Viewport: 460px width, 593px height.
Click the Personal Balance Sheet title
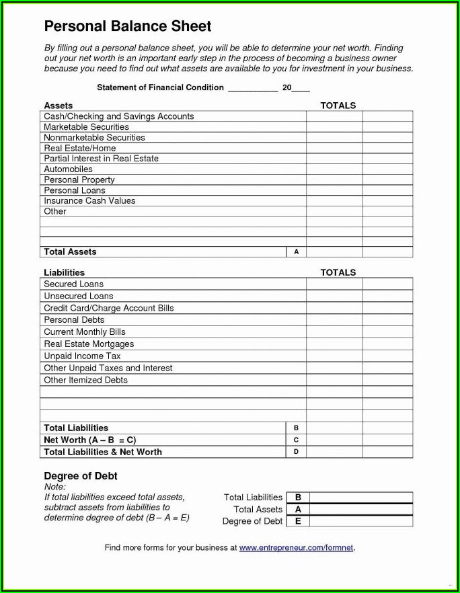click(128, 26)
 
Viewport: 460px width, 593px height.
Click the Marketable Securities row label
click(86, 127)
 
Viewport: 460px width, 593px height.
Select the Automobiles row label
click(68, 169)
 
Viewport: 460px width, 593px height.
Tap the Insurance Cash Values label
click(89, 201)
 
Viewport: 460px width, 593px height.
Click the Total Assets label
click(70, 251)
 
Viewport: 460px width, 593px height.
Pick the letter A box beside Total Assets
click(297, 251)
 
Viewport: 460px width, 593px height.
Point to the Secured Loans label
click(73, 284)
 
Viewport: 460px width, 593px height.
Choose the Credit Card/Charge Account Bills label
click(108, 308)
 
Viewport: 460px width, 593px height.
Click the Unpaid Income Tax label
click(82, 356)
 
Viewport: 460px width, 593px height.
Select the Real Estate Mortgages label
click(89, 344)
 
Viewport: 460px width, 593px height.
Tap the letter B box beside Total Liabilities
click(297, 428)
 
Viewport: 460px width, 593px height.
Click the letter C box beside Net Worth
click(297, 440)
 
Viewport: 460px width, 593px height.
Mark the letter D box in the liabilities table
click(297, 452)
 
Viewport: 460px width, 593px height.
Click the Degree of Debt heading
click(81, 476)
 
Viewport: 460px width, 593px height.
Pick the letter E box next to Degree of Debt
click(298, 521)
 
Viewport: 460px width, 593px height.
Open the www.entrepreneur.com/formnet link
click(296, 548)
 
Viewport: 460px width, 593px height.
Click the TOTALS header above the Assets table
click(338, 106)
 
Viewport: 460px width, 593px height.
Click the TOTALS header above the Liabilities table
click(338, 272)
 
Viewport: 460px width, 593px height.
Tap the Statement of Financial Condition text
click(160, 87)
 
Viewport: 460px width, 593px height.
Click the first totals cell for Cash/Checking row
click(334, 116)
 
